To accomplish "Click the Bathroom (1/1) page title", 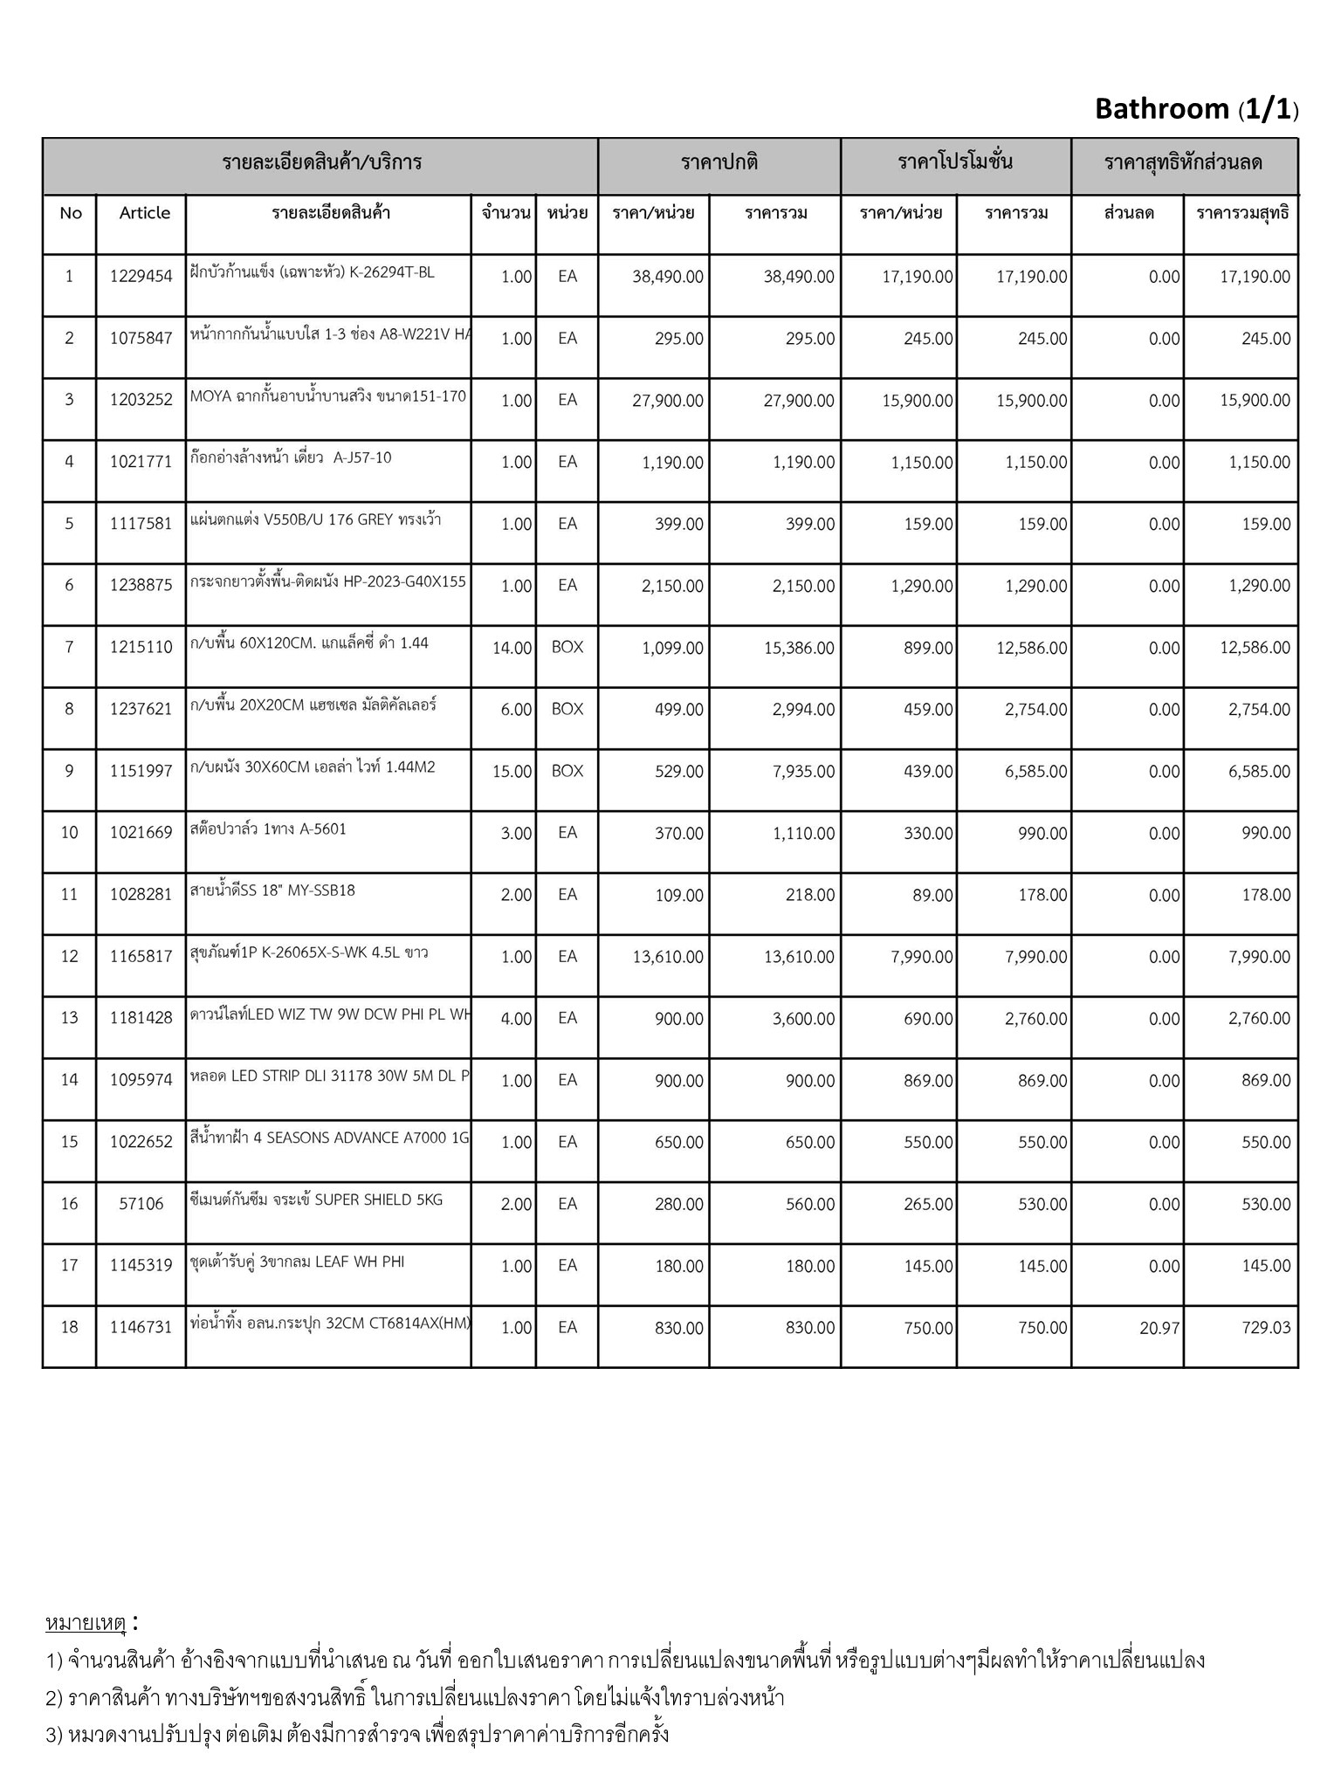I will coord(1195,109).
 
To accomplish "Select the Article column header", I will coord(145,213).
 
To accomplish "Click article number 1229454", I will coord(141,277).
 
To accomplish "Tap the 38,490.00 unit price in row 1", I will coord(667,277).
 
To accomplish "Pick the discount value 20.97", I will coord(1159,1328).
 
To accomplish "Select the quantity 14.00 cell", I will coord(512,648).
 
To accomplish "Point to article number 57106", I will coord(141,1204).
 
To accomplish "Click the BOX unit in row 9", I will coord(567,771).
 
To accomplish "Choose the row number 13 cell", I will coord(70,1018).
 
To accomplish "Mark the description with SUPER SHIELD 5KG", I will coord(316,1200).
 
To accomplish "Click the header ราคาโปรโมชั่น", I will coord(955,162).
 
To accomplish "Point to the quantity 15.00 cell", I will coord(512,772).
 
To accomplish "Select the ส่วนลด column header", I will coord(1128,213).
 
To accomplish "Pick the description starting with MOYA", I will coord(327,396).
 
